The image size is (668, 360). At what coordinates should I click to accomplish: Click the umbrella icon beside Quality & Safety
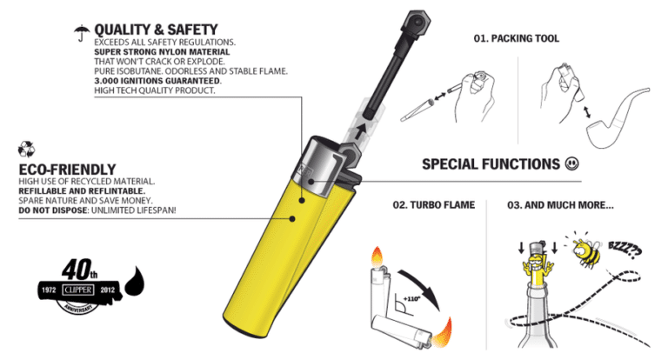pyautogui.click(x=81, y=32)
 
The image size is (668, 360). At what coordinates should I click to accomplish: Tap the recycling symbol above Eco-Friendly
pyautogui.click(x=26, y=149)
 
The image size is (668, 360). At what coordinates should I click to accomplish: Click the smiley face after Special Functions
pyautogui.click(x=571, y=163)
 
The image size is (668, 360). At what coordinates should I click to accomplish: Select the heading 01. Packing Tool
pyautogui.click(x=516, y=39)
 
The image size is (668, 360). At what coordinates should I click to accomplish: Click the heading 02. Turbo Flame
pyautogui.click(x=433, y=204)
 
